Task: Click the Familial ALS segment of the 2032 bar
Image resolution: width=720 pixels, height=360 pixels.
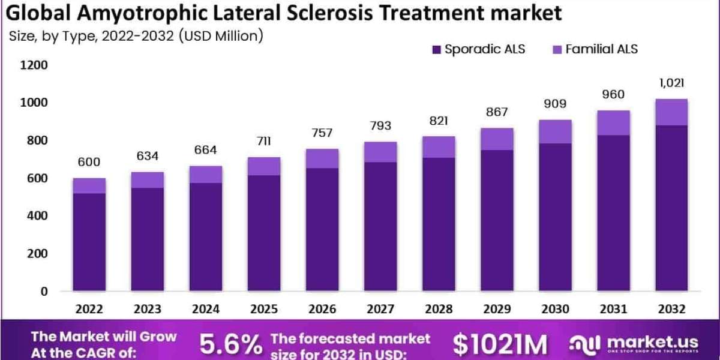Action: pos(671,112)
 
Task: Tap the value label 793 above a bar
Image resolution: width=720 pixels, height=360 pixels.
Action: pos(380,126)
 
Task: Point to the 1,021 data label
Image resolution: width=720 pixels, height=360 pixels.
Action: pos(671,83)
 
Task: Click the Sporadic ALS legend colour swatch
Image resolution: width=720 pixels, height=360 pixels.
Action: pos(436,49)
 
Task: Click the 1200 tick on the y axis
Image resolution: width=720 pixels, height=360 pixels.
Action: pos(35,65)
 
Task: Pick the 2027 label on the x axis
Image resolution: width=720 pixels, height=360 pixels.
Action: pos(380,309)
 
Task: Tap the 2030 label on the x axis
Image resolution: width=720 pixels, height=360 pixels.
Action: pos(555,309)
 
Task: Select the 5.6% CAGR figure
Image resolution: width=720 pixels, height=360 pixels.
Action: pos(231,344)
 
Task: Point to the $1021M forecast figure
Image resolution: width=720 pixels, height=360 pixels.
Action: pos(500,344)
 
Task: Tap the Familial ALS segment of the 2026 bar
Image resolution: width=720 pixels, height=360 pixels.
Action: pos(322,158)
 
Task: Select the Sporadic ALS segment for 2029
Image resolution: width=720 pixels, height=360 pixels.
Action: pos(497,220)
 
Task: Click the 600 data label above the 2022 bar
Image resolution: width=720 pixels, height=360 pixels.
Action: pos(89,162)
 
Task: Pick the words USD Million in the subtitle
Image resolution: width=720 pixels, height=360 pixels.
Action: pos(221,37)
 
